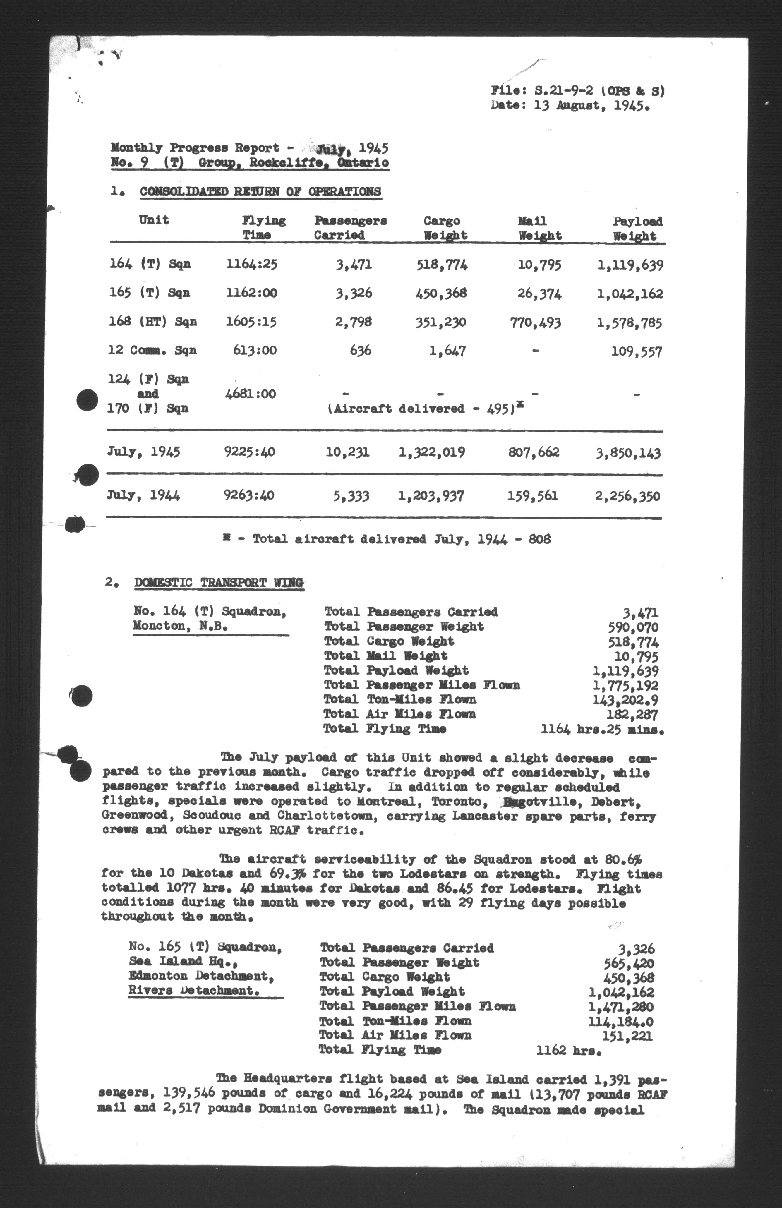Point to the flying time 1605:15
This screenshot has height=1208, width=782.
[251, 322]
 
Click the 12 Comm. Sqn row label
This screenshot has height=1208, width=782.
[152, 350]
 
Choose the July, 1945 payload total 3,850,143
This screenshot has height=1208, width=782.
[628, 453]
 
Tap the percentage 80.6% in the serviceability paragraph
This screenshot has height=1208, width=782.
[623, 859]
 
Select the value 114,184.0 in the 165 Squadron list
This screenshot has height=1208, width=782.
[621, 1021]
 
